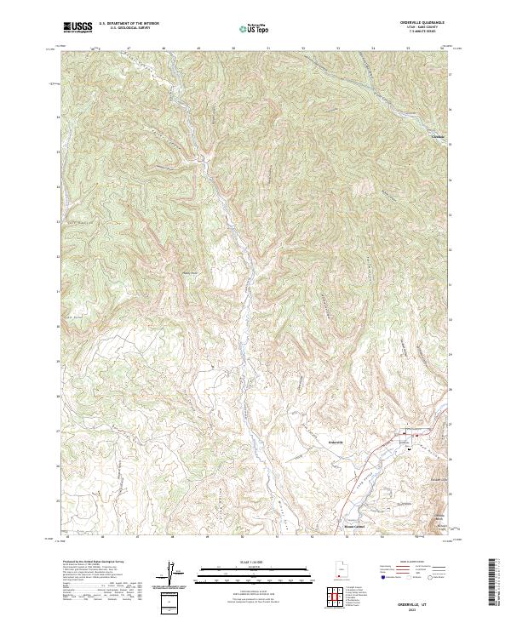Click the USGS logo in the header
coord(78,28)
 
